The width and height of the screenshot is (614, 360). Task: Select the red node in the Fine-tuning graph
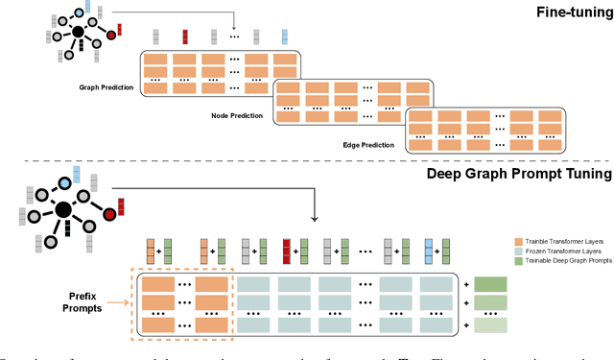pos(111,35)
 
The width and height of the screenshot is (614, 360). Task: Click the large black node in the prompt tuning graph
pos(63,210)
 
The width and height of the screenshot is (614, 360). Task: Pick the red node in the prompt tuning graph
pos(110,209)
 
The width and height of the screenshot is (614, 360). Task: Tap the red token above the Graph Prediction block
pos(185,37)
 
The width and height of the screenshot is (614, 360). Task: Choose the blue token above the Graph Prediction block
pos(285,37)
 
